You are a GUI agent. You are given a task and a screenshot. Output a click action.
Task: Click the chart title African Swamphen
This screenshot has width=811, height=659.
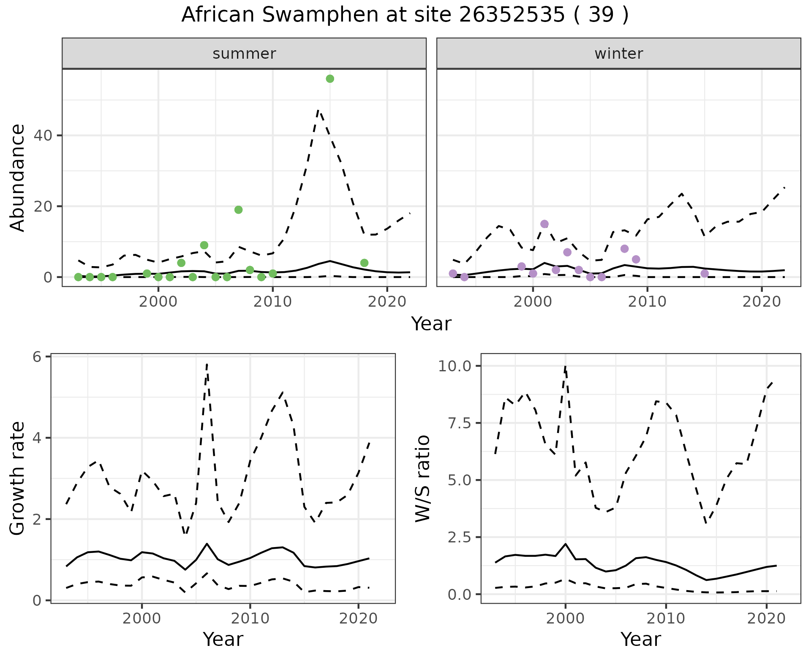coord(405,15)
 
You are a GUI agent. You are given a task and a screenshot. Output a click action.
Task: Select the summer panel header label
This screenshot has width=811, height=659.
coord(244,54)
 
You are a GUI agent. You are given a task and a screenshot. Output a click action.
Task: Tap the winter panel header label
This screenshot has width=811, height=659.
coord(618,54)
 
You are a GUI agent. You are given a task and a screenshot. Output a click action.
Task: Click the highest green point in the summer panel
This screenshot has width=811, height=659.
coord(330,79)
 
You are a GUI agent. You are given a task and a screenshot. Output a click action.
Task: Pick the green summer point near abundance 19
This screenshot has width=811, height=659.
coord(238,210)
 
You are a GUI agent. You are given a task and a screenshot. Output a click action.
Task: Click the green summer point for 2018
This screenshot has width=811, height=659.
coord(364,263)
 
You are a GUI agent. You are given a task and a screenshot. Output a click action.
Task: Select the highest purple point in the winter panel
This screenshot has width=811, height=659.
coord(544,224)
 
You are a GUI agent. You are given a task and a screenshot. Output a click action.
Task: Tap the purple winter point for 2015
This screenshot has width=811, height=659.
coord(705,273)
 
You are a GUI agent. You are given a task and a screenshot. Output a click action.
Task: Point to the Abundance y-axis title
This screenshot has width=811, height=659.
coord(18,178)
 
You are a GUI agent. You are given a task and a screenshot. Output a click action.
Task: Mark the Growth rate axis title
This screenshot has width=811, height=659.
coord(18,479)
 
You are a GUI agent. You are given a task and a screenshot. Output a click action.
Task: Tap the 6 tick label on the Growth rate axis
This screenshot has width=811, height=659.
coord(37,357)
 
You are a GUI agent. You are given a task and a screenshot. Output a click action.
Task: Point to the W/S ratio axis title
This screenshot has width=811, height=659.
coord(423,479)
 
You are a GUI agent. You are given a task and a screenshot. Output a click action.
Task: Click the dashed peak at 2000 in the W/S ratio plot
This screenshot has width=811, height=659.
coord(565,367)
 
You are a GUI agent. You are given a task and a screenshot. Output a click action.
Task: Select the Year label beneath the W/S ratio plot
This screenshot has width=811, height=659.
coord(640,639)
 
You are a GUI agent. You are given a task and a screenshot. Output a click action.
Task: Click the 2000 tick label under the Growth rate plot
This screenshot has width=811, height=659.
coord(142,619)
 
